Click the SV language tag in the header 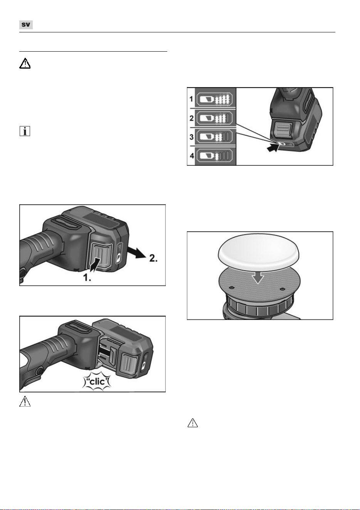[x=26, y=25]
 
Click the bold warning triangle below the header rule [x=25, y=63]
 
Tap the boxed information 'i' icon [x=25, y=131]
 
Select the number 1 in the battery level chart [x=191, y=99]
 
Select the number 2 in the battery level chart [x=192, y=118]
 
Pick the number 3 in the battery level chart [x=192, y=137]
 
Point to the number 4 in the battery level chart [x=192, y=156]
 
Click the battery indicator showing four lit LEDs [x=214, y=99]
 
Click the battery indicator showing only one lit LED [x=214, y=156]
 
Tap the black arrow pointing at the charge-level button [x=273, y=148]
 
